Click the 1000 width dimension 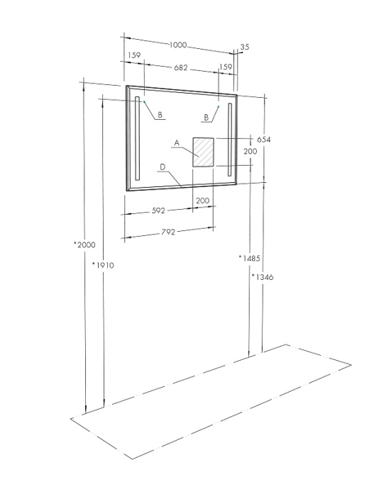coord(178,45)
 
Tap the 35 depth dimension coord(245,47)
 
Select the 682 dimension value coord(181,67)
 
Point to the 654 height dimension coord(263,140)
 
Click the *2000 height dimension coord(84,244)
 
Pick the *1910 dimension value coord(103,265)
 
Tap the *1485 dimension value coord(249,258)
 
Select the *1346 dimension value coord(263,276)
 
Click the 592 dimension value coord(158,210)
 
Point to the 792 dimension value coord(168,232)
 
